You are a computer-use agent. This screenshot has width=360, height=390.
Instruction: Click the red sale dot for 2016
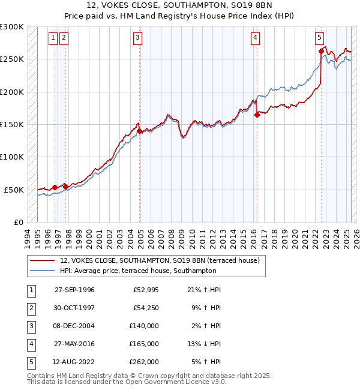click(x=257, y=115)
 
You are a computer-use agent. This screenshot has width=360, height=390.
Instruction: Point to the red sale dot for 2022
click(x=321, y=52)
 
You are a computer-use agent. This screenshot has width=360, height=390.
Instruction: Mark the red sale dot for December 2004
click(x=140, y=131)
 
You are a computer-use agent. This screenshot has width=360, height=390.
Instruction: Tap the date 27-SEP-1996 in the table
click(x=74, y=290)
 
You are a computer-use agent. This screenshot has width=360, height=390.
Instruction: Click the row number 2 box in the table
click(x=29, y=308)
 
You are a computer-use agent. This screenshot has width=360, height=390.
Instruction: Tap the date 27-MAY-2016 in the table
click(x=74, y=344)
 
